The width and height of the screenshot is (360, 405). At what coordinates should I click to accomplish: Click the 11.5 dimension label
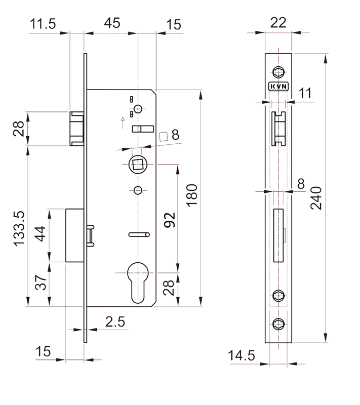(43, 24)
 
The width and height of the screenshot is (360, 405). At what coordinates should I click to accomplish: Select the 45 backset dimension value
(112, 23)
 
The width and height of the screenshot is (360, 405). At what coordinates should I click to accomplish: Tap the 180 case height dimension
(192, 195)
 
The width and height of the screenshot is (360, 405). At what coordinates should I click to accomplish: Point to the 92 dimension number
(170, 220)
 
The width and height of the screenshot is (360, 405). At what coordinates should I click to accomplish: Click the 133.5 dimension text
(19, 229)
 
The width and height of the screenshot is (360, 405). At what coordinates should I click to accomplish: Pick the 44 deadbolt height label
(41, 234)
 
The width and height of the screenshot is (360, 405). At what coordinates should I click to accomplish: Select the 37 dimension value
(41, 282)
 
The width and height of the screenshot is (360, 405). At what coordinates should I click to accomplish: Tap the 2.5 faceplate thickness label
(115, 322)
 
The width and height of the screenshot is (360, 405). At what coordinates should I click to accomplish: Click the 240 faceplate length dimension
(316, 198)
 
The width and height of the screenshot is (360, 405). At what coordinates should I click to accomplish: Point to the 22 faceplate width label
(278, 23)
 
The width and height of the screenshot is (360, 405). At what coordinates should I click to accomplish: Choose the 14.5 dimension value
(242, 355)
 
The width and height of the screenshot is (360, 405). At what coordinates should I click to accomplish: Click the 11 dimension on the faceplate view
(305, 93)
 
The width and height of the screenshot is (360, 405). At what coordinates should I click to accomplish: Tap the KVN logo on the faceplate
(278, 86)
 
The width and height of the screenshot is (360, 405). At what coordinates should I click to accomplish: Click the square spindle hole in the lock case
(138, 165)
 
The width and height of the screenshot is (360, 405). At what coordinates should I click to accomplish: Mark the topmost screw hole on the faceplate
(278, 72)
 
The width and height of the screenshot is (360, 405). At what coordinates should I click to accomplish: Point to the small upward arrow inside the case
(123, 123)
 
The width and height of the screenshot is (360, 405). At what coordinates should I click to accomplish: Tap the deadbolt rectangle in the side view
(74, 235)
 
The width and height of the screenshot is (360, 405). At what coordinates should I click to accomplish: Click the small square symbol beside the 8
(163, 137)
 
